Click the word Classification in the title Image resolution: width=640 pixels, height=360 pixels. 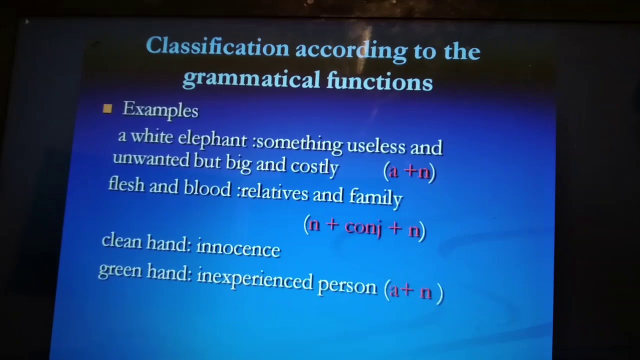coord(217,48)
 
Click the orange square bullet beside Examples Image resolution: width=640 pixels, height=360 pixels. coord(107,108)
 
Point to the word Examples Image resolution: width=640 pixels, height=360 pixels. coord(160,110)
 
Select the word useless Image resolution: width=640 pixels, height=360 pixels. coord(375,146)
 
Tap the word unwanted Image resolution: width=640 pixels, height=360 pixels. coord(151,159)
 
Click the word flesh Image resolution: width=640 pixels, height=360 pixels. coord(126,184)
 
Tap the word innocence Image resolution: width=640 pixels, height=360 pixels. coord(238,248)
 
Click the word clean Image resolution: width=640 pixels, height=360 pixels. coord(121,241)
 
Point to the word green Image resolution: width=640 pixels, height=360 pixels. coord(119,271)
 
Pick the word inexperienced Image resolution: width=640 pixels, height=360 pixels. coord(255,279)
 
